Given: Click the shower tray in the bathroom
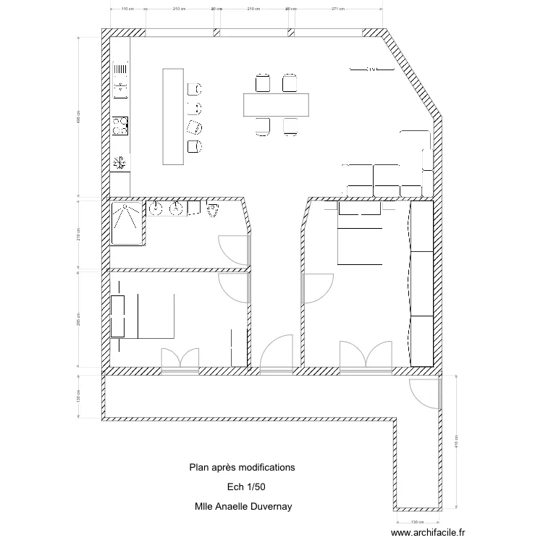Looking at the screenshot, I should click(128, 224).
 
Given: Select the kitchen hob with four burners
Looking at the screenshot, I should click(120, 126).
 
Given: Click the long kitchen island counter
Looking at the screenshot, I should click(172, 117).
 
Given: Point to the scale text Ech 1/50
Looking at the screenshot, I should click(241, 487).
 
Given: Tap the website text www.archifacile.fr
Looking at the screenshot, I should click(429, 533).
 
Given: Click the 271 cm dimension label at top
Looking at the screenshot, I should click(337, 9).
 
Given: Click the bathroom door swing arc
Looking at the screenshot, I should click(233, 251).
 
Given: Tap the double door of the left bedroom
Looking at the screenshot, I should click(180, 360).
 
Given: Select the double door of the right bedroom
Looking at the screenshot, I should click(366, 356).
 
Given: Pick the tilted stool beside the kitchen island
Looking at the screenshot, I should click(194, 127).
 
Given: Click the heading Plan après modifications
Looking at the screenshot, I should click(242, 468).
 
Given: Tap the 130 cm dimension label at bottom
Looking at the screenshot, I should click(418, 522).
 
